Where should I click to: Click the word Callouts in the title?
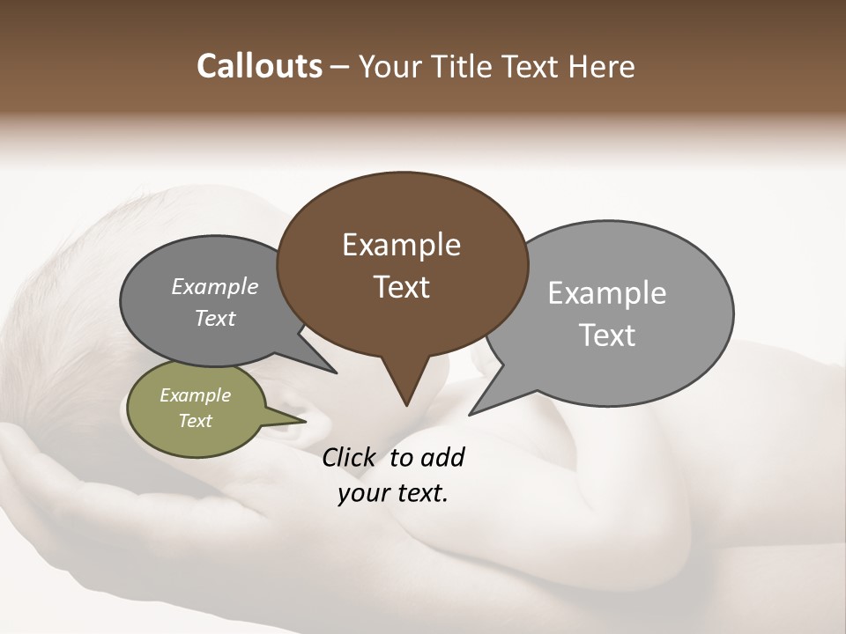tap(259, 66)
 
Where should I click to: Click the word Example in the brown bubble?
tap(401, 245)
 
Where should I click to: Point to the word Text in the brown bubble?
tap(401, 287)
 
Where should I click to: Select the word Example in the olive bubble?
tap(195, 395)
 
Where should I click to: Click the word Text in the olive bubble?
tap(195, 421)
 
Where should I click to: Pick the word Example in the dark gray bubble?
tap(214, 286)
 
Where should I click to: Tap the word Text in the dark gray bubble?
tap(214, 318)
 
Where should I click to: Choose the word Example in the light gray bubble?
tap(606, 293)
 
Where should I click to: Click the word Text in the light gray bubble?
tap(606, 335)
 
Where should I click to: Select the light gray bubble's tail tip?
tap(471, 412)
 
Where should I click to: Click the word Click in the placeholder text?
tap(352, 457)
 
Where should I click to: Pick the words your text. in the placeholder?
tap(392, 493)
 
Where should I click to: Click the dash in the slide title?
tap(340, 67)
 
